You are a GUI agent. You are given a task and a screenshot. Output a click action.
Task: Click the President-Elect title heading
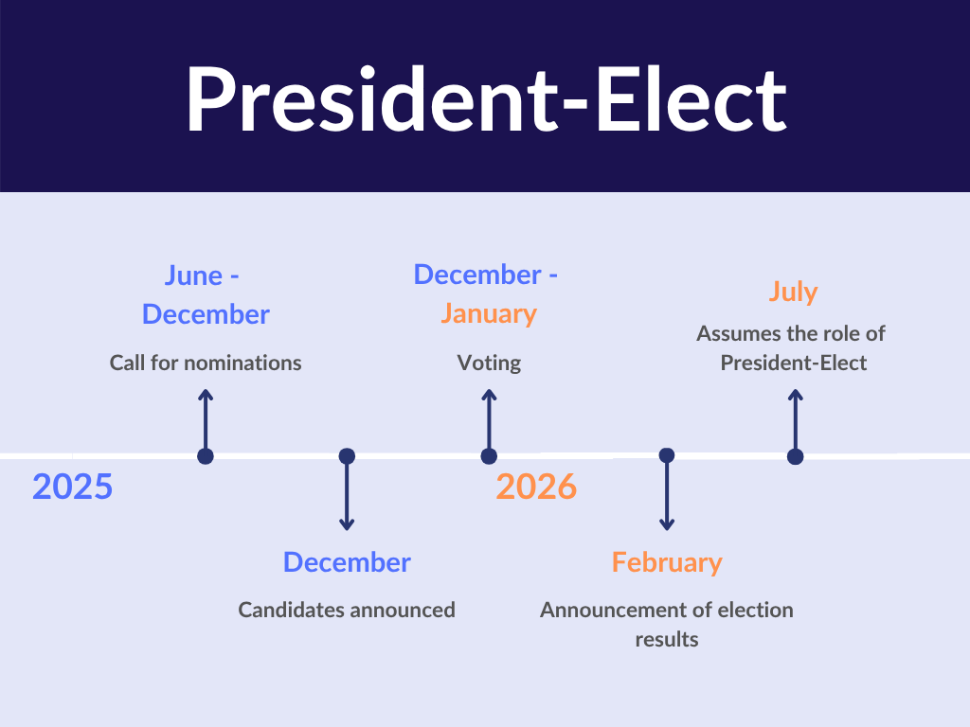tap(486, 99)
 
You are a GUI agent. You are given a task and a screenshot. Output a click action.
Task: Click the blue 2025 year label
tap(72, 487)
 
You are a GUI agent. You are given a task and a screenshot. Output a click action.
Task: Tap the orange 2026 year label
tap(536, 487)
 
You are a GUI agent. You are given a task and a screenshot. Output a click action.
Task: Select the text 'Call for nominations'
tap(206, 363)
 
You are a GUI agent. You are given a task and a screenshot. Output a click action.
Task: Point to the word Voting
tap(489, 363)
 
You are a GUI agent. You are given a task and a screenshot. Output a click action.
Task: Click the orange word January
tap(489, 313)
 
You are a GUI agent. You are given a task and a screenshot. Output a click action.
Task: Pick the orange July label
tap(793, 292)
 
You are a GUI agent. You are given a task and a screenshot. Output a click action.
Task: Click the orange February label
tap(667, 562)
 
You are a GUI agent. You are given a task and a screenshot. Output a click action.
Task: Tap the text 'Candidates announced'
tap(347, 611)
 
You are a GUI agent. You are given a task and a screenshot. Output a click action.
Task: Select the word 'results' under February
tap(667, 639)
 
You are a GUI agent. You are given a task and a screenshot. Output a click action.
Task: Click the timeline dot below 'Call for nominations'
tap(206, 456)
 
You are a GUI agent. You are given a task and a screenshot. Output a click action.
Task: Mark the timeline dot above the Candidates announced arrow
tap(347, 456)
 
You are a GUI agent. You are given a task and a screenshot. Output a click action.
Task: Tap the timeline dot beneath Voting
tap(489, 456)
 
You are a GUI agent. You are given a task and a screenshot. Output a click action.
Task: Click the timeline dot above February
tap(667, 455)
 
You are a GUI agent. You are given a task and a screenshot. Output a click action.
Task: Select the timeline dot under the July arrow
tap(796, 457)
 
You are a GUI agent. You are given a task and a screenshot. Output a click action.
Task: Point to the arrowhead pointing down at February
tap(667, 525)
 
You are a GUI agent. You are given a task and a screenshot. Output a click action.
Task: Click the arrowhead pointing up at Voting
tap(489, 395)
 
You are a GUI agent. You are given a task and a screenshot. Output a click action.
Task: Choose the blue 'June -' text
tap(202, 275)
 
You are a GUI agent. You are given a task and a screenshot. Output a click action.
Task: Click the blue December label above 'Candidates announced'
tap(347, 562)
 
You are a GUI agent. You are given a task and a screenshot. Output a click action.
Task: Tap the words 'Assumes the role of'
tap(791, 334)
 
